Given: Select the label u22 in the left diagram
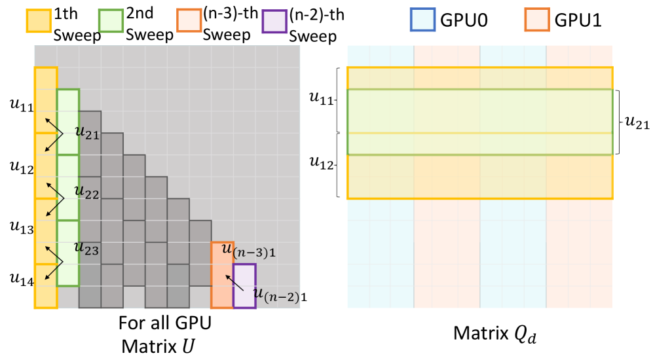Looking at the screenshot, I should (87, 192).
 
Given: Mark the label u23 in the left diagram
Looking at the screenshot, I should (87, 248).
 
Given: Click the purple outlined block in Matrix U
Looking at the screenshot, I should (244, 285).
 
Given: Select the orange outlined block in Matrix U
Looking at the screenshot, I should (222, 275).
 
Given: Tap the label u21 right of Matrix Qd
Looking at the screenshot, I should (637, 122).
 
